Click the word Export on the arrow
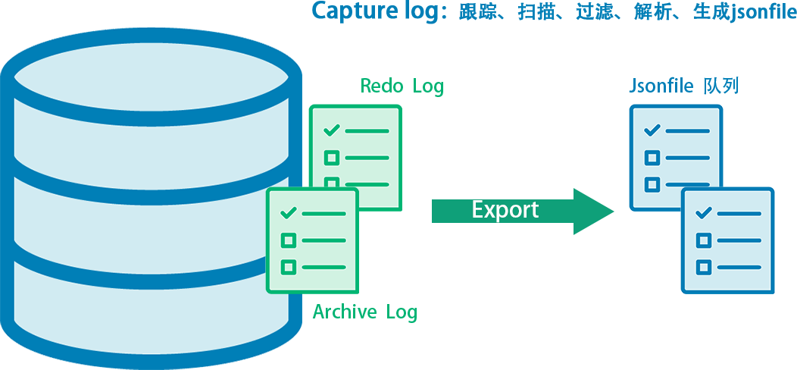(505, 210)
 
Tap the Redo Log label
(402, 86)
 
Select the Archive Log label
(364, 312)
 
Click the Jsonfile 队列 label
(683, 86)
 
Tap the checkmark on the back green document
(331, 130)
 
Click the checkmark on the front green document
(288, 214)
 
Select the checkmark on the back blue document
(652, 130)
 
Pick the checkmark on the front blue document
(704, 212)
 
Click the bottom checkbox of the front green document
(288, 267)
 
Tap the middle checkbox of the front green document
(288, 240)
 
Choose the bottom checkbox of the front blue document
(704, 266)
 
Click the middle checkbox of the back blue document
(652, 158)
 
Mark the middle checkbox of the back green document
(331, 158)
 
